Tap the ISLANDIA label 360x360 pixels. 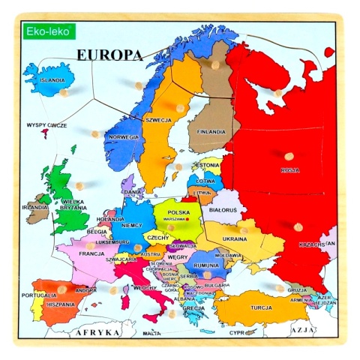(52, 79)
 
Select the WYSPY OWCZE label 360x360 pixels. (46, 125)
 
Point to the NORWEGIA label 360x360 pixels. (124, 137)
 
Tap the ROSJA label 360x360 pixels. (289, 170)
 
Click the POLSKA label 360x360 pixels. (178, 212)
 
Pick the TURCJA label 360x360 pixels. (261, 307)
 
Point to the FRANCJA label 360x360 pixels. (91, 253)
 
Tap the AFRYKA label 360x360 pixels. (94, 331)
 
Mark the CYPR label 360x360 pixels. (238, 331)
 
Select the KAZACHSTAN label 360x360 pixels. (315, 244)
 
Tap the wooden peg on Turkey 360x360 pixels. (279, 288)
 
